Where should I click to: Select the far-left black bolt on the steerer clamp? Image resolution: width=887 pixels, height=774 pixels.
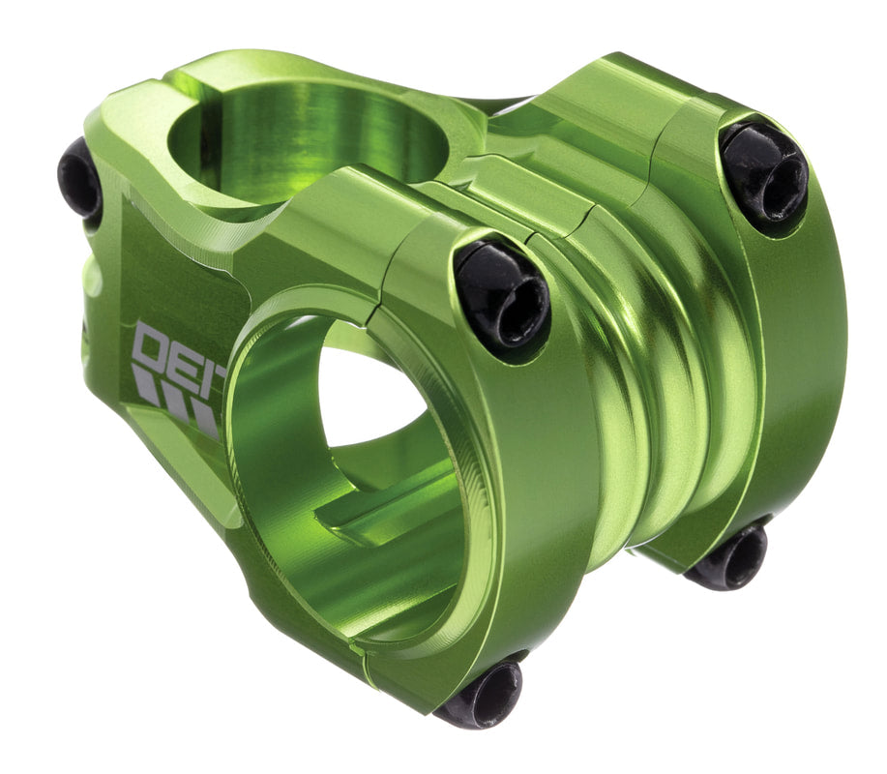tap(79, 179)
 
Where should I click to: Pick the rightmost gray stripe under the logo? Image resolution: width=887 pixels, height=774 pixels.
tap(204, 419)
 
